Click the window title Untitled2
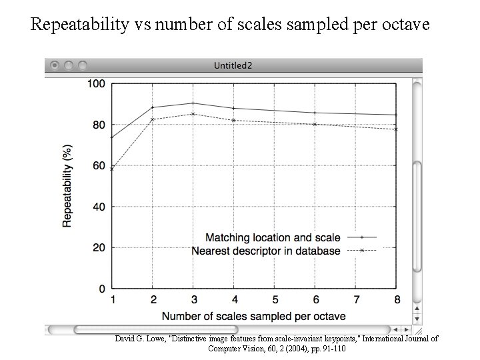(x=233, y=65)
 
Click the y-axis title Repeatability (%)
(x=67, y=186)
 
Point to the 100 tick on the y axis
(x=97, y=84)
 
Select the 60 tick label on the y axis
(x=99, y=166)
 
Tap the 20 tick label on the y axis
(x=99, y=248)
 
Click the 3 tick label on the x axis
(x=193, y=301)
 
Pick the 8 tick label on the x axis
(x=397, y=301)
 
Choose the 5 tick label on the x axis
(x=275, y=301)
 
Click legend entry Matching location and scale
(x=273, y=237)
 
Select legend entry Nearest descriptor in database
(x=266, y=251)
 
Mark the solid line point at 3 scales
(x=193, y=103)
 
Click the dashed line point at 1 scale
(x=112, y=169)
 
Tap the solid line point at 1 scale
(x=112, y=137)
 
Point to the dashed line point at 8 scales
(x=397, y=129)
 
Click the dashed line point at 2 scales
(x=153, y=119)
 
